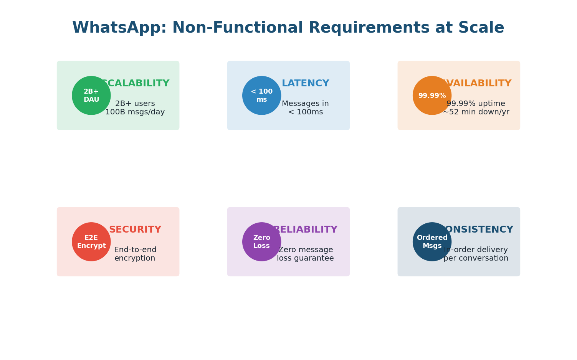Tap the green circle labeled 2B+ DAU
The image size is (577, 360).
[x=91, y=96]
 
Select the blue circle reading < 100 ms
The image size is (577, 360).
[x=262, y=96]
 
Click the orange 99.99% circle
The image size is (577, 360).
[x=432, y=96]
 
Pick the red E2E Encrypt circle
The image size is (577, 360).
[x=91, y=242]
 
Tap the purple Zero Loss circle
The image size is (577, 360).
[x=262, y=242]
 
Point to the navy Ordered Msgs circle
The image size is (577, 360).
[x=432, y=242]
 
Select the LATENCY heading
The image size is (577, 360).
[x=305, y=84]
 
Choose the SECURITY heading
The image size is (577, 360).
[x=135, y=230]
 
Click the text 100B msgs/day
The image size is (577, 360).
[x=135, y=112]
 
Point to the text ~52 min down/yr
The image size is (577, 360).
[x=476, y=112]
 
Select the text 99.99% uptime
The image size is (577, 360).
[x=476, y=104]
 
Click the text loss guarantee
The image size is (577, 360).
[x=305, y=258]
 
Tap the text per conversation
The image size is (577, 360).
[x=476, y=258]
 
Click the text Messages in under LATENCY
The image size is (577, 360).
[x=305, y=104]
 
